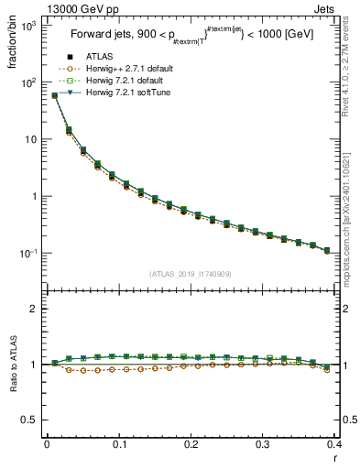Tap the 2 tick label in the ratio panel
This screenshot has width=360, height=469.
click(35, 310)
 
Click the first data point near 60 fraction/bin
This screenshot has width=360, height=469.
click(54, 95)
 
